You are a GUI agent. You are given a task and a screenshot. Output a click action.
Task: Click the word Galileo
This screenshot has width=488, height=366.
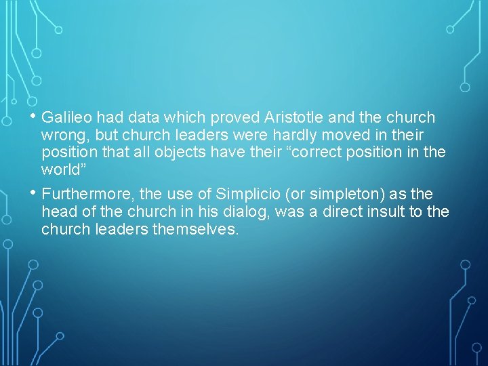pos(66,118)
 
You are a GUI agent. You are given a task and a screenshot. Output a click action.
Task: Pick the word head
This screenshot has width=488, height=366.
pos(56,212)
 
